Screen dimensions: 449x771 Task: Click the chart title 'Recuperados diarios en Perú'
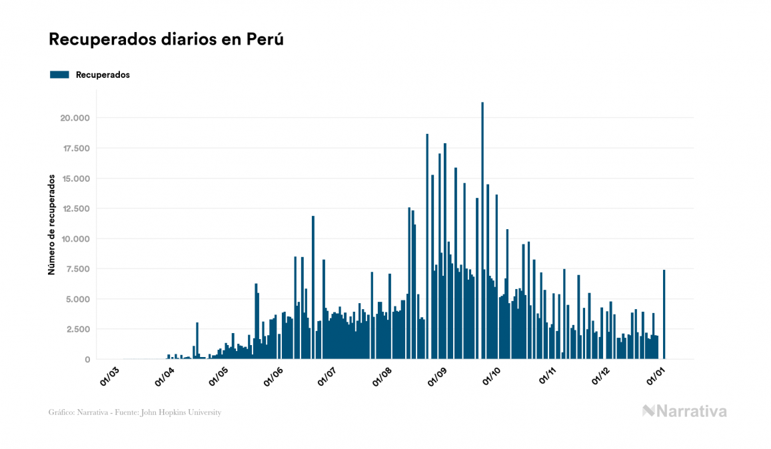167,39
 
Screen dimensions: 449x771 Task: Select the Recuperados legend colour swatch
59,75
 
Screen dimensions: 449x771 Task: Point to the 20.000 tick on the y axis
74,118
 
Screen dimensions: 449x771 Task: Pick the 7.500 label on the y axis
78,268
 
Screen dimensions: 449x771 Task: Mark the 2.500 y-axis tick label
78,329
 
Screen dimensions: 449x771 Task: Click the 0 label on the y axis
87,360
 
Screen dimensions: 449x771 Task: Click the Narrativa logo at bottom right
684,411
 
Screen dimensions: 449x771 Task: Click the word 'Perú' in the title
265,39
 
